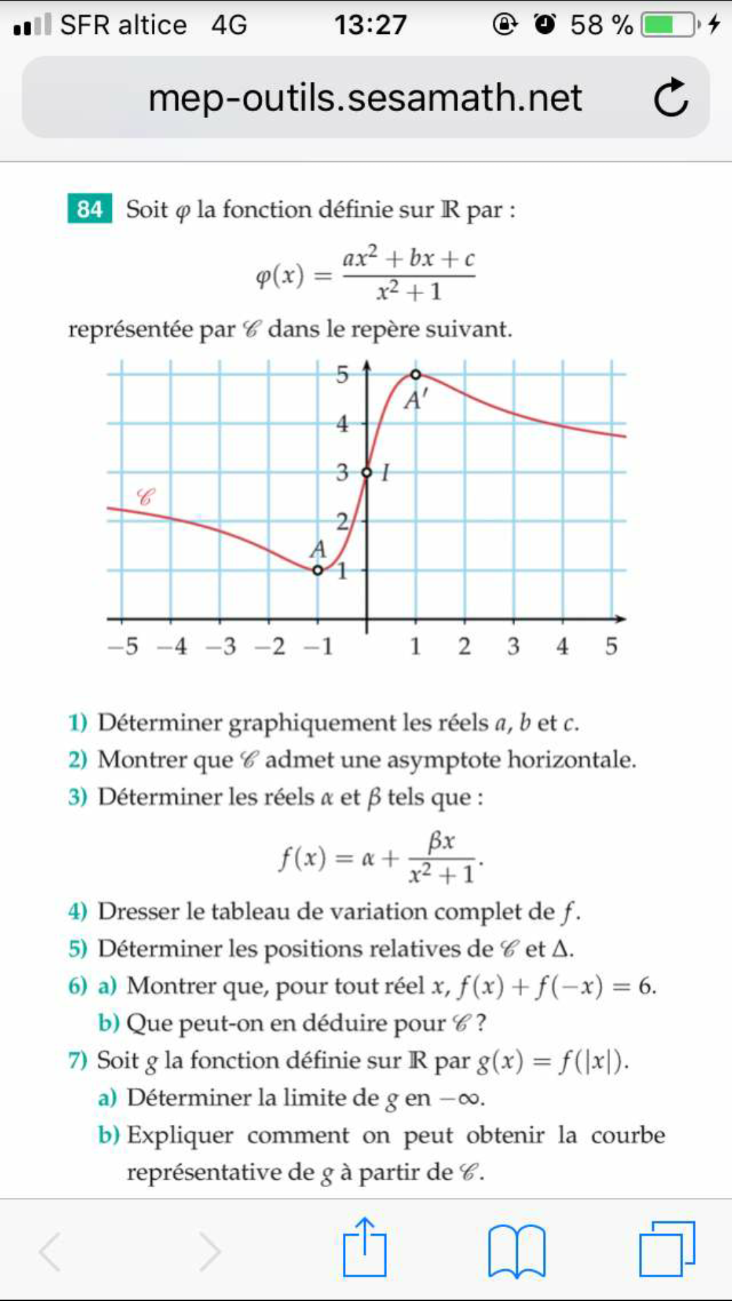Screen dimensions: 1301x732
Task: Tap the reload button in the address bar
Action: pos(671,98)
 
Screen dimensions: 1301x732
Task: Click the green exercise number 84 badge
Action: pos(89,209)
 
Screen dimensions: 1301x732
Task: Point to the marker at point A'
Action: pos(415,374)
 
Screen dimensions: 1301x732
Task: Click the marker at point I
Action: pos(367,472)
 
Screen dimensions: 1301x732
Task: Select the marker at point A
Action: pos(318,571)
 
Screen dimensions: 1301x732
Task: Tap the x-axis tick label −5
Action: pos(123,646)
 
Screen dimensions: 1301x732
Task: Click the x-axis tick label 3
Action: pos(513,646)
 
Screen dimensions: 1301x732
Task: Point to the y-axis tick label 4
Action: pos(343,424)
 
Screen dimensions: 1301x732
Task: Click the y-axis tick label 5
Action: pos(343,375)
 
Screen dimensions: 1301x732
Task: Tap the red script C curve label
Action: pos(145,497)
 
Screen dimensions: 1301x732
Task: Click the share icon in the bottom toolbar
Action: pos(365,1248)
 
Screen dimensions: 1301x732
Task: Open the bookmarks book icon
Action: pos(516,1251)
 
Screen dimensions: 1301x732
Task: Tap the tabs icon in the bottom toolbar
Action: pos(667,1248)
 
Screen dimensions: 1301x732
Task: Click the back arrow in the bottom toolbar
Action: pos(51,1251)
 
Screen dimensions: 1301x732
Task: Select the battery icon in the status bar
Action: pos(668,25)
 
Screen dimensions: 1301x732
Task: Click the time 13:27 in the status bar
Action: pos(370,25)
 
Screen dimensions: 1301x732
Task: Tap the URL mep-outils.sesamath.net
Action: pos(365,98)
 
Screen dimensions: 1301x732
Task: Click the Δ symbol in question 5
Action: pos(561,949)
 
